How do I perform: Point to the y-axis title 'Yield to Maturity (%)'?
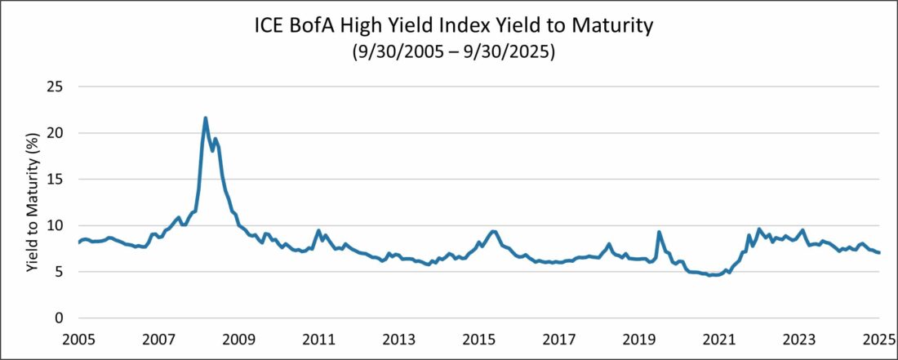click(x=32, y=202)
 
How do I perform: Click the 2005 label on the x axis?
click(x=79, y=339)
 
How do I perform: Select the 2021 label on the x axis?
click(x=719, y=339)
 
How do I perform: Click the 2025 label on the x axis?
click(x=878, y=339)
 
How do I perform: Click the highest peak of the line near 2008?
click(x=205, y=118)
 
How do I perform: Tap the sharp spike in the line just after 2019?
click(x=659, y=232)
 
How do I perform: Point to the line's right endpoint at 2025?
click(x=879, y=252)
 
